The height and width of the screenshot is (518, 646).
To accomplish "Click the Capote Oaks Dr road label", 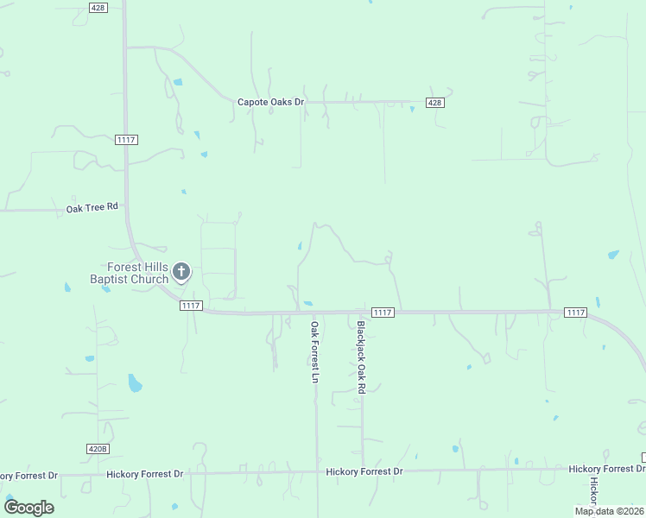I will coord(271,102).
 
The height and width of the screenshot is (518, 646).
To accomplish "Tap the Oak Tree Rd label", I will coord(92,208).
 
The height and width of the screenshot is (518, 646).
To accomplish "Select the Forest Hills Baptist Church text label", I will coord(130,273).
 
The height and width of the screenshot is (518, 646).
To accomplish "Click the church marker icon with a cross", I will coord(181,273).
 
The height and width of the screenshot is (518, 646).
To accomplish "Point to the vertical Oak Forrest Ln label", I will coord(315,351).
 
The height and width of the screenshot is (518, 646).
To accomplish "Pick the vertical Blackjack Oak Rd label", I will coord(362,357).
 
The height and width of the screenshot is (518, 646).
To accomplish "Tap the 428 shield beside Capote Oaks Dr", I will coord(434,103).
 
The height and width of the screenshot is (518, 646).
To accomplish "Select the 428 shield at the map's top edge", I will coord(98,7).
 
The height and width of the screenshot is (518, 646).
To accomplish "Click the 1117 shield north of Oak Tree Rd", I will coord(126,140).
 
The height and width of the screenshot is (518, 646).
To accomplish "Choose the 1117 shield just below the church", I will coord(191,306).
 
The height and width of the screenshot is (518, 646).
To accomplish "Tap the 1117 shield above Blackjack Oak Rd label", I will coord(383,312).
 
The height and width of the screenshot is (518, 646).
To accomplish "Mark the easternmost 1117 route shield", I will coord(575,312).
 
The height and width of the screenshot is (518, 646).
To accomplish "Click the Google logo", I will coord(29,508).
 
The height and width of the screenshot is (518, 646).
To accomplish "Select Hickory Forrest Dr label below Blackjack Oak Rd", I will coord(364,471).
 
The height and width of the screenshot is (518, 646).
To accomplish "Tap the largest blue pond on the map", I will coord(135,382).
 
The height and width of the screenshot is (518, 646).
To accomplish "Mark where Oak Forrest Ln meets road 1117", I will coord(315,313).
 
